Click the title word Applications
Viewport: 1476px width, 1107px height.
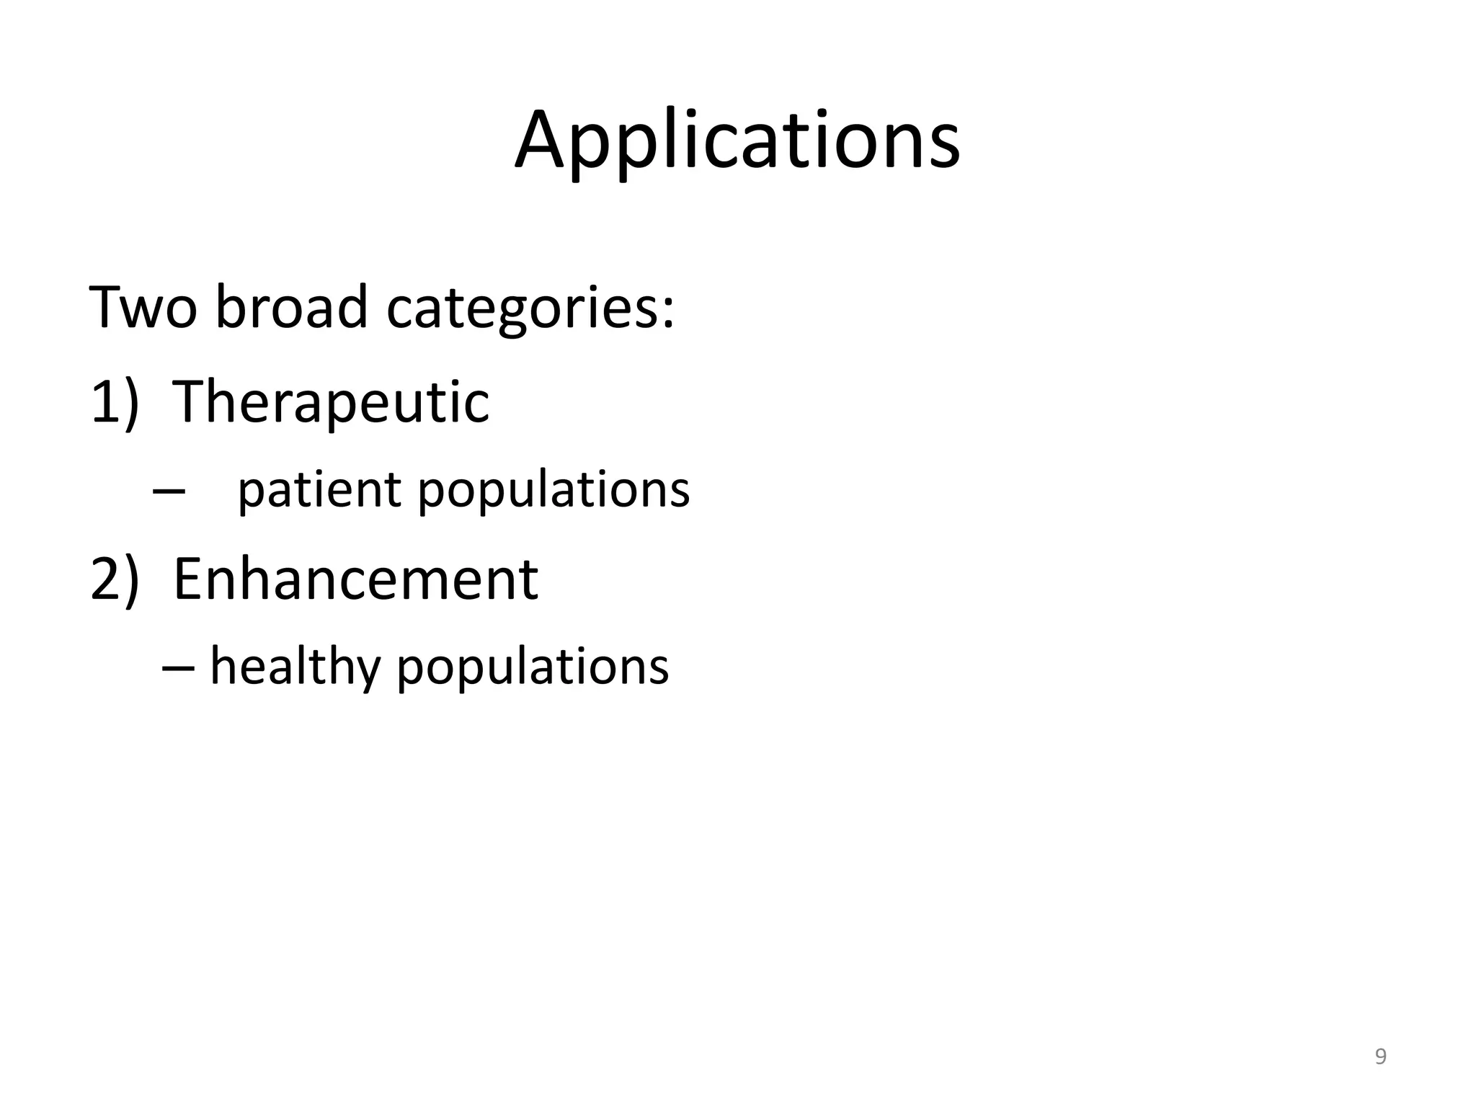[x=737, y=141]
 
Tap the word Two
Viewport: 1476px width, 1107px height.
[x=143, y=308]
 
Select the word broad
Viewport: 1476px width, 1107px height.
[x=291, y=308]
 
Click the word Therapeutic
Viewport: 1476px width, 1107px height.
[x=331, y=402]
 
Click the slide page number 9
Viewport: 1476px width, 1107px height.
[x=1380, y=1057]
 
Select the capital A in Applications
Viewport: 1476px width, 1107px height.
[x=542, y=141]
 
